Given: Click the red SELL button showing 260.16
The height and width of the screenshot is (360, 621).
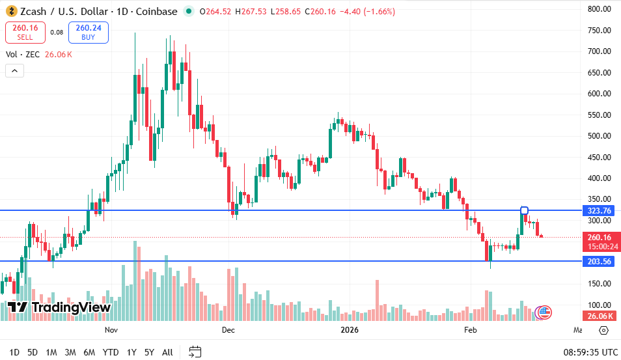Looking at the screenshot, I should pyautogui.click(x=25, y=32).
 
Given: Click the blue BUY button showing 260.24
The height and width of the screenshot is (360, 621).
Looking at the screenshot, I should pyautogui.click(x=88, y=32).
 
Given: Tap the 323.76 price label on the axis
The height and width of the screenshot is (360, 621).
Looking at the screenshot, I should pyautogui.click(x=599, y=211).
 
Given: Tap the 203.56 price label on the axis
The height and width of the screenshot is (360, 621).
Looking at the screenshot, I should pyautogui.click(x=599, y=261).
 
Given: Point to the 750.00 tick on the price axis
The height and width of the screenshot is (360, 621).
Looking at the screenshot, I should pyautogui.click(x=599, y=31).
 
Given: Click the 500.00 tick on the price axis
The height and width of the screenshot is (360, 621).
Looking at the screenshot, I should pyautogui.click(x=599, y=136).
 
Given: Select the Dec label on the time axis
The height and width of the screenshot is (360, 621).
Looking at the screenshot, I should pyautogui.click(x=228, y=330).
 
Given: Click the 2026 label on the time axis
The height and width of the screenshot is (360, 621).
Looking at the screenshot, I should pyautogui.click(x=350, y=330).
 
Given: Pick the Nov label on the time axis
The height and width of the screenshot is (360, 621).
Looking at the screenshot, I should pyautogui.click(x=111, y=330).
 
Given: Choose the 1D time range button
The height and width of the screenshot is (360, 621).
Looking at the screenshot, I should pyautogui.click(x=14, y=352).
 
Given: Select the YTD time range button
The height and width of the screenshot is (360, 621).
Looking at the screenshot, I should pyautogui.click(x=111, y=352).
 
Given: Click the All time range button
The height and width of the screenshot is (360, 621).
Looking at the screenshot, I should pyautogui.click(x=167, y=352).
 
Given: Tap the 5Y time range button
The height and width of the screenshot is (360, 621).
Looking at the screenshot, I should pyautogui.click(x=149, y=352).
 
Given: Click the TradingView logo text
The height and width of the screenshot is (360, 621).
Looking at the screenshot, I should pyautogui.click(x=59, y=307).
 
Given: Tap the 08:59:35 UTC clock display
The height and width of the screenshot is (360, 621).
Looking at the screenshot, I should pyautogui.click(x=590, y=352).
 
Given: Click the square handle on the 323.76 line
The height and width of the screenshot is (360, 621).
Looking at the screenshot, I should pyautogui.click(x=525, y=210).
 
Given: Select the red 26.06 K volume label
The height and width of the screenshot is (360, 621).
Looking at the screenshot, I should pyautogui.click(x=599, y=316).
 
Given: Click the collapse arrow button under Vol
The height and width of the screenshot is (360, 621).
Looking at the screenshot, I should pyautogui.click(x=15, y=71).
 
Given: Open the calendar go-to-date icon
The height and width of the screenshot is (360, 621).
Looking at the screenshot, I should pyautogui.click(x=195, y=352).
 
